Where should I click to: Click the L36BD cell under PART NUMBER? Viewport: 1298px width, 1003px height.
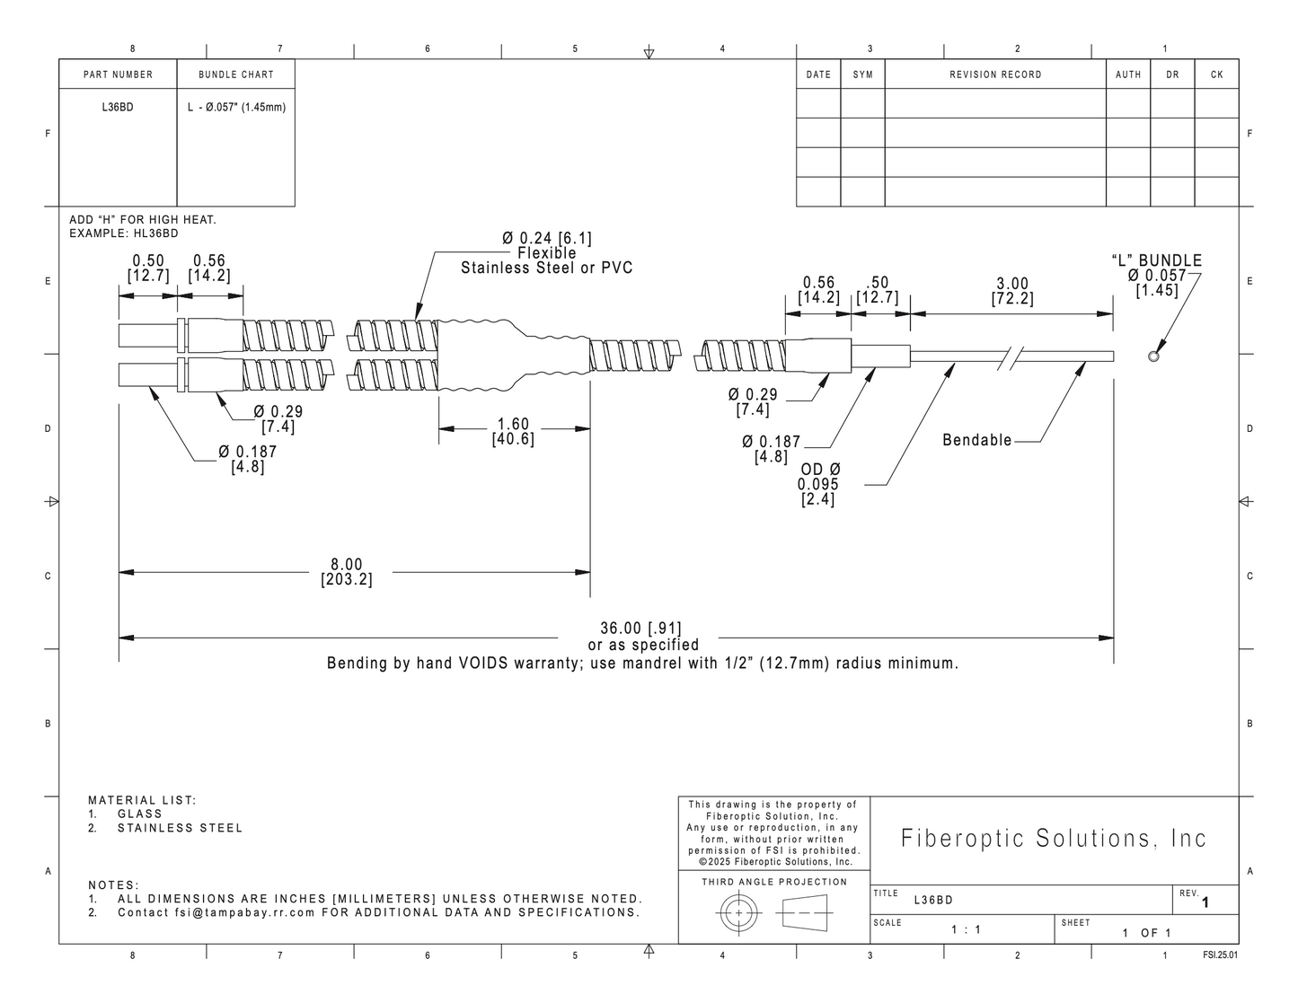[118, 108]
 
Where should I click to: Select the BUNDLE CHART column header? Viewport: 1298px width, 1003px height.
[236, 75]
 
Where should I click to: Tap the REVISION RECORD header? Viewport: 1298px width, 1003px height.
[995, 75]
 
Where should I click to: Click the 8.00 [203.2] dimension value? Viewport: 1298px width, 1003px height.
[347, 572]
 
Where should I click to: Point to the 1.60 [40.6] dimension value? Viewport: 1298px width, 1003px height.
[513, 432]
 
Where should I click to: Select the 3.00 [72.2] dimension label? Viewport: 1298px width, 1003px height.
[1011, 291]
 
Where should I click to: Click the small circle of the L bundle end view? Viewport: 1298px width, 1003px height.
[1153, 356]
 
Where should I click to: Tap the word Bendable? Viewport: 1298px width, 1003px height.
[976, 440]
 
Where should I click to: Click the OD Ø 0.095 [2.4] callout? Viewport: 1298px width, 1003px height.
[818, 484]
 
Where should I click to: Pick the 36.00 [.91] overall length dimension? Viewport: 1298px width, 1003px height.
[640, 628]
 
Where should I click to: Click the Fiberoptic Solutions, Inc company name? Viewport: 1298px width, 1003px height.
[1053, 838]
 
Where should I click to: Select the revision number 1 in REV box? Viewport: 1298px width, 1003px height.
[1205, 902]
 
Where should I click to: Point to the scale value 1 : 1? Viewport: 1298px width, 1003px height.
[966, 929]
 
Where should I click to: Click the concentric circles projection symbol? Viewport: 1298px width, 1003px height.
[738, 913]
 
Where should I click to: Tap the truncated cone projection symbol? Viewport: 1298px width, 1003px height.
[805, 913]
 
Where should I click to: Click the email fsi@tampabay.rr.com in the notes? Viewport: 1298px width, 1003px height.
[245, 912]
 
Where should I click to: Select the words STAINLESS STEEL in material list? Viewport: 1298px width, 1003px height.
[180, 828]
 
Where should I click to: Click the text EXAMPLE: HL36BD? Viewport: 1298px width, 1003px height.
[124, 233]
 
